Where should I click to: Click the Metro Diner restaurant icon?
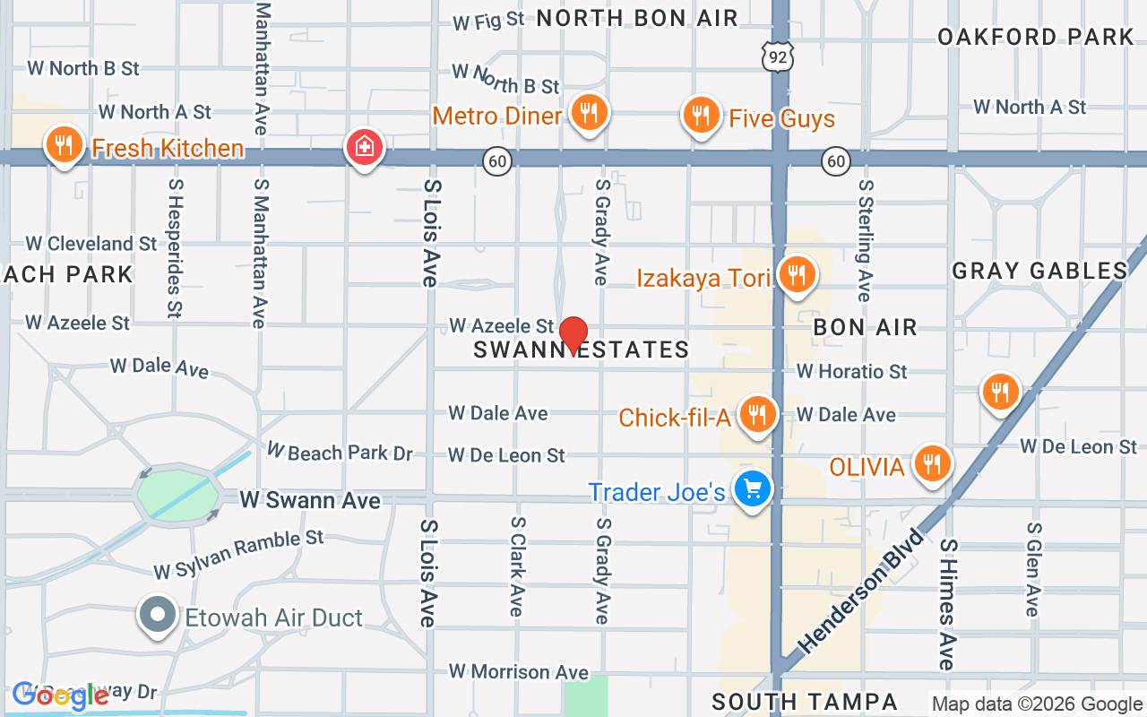tap(588, 113)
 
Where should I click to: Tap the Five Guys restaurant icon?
tap(701, 116)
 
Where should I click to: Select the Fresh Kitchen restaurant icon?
tap(63, 144)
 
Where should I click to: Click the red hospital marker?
tap(365, 147)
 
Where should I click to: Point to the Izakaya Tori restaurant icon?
tap(795, 275)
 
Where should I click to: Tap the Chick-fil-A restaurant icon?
tap(758, 414)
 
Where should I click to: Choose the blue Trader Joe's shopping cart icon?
tap(752, 489)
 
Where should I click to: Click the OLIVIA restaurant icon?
tap(933, 463)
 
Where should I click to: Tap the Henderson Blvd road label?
tap(861, 591)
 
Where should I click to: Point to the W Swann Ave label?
tap(310, 500)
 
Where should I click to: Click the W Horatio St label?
tap(851, 371)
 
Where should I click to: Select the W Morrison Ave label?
tap(519, 671)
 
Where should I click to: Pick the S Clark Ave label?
tap(516, 566)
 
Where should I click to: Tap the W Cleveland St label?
tap(91, 244)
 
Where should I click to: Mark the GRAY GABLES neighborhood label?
tap(1039, 271)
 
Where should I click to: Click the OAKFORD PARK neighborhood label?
tap(1035, 37)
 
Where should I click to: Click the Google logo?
tap(60, 695)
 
